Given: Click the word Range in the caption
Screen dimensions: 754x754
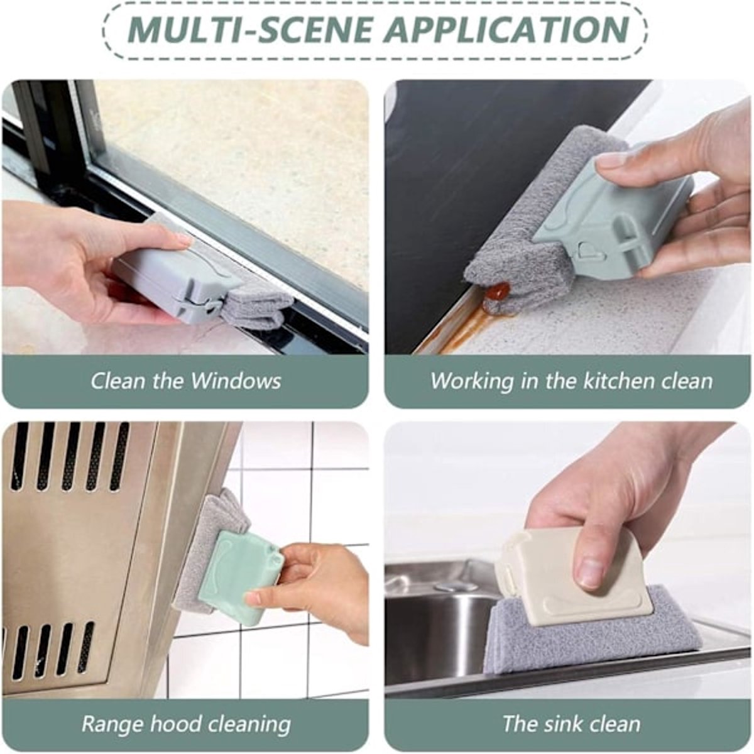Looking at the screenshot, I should pos(112,724).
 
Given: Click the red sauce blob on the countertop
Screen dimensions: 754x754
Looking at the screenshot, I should pos(497,291).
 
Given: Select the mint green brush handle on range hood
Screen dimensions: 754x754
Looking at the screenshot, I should pos(245,575).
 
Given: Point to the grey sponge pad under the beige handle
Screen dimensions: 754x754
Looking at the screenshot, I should pos(597,641).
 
